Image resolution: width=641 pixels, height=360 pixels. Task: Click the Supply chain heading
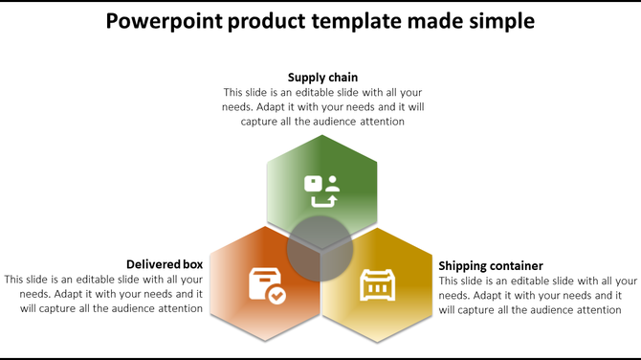click(323, 77)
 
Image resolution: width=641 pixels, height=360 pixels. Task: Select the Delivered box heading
click(165, 263)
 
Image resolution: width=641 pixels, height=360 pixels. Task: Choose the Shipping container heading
click(491, 265)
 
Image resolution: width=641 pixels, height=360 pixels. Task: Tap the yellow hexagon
click(383, 292)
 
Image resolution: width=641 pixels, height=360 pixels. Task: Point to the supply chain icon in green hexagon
click(321, 191)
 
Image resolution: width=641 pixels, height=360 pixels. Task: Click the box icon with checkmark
click(266, 285)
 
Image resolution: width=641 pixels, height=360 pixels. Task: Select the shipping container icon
click(376, 285)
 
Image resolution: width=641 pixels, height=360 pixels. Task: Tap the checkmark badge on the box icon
click(276, 296)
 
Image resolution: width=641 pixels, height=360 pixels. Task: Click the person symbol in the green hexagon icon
click(332, 182)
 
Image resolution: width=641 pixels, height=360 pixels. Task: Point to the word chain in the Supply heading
click(342, 77)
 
